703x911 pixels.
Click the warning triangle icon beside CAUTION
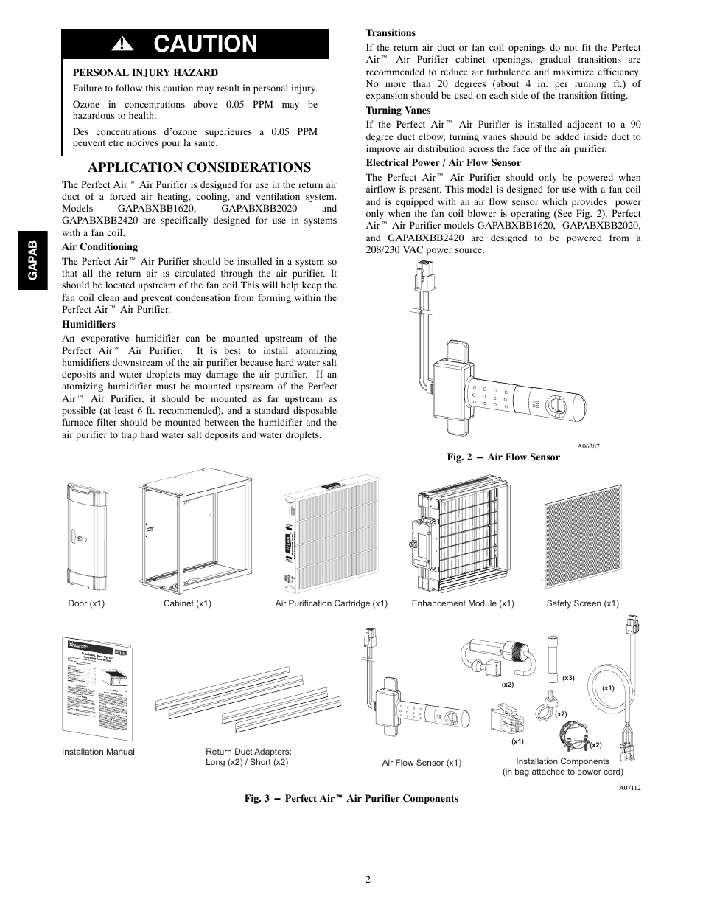tap(120, 45)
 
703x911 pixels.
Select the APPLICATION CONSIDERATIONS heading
tap(199, 167)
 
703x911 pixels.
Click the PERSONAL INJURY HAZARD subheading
tap(145, 72)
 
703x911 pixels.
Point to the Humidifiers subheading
tap(88, 324)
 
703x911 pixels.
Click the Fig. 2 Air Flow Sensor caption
tap(503, 457)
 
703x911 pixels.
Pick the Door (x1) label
tap(86, 603)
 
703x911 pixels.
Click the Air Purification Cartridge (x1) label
tap(331, 603)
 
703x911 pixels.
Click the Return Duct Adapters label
tap(248, 752)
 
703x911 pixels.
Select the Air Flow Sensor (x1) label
tap(422, 763)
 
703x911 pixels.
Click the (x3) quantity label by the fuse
tap(567, 678)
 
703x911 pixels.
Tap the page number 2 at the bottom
tap(366, 879)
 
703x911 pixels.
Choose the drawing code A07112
tap(629, 788)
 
